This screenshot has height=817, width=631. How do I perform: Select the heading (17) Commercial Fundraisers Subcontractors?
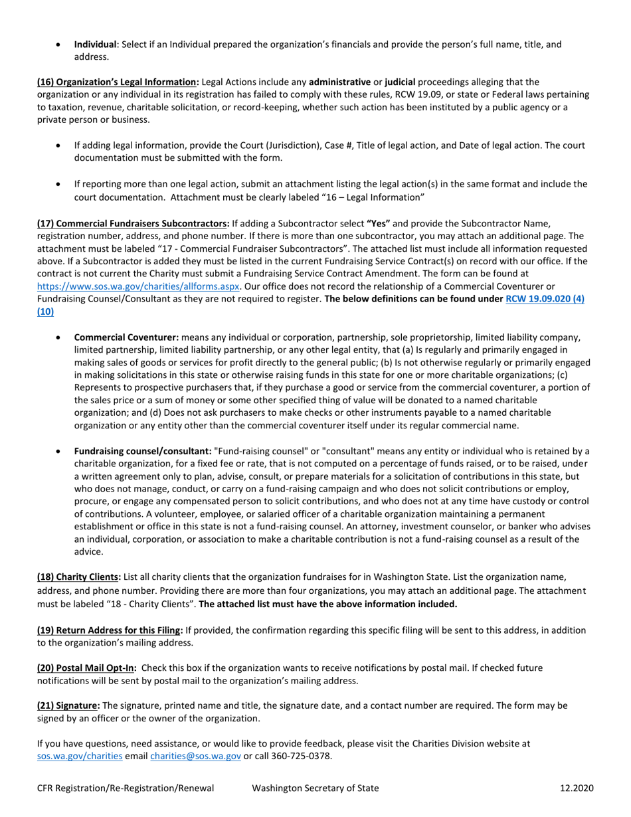pyautogui.click(x=133, y=223)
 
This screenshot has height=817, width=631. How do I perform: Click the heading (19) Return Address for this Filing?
pyautogui.click(x=110, y=630)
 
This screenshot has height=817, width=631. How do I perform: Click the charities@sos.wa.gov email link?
pyautogui.click(x=195, y=756)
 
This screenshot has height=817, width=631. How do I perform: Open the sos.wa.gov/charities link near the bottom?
pyautogui.click(x=79, y=756)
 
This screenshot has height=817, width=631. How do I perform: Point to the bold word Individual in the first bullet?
pyautogui.click(x=95, y=45)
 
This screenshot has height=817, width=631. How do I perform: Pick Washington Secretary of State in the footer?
pyautogui.click(x=315, y=788)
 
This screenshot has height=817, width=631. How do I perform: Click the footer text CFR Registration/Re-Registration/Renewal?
pyautogui.click(x=126, y=788)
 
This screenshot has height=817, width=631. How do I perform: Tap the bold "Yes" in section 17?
pyautogui.click(x=378, y=223)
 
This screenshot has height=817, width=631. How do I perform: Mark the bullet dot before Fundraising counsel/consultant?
pyautogui.click(x=60, y=451)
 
